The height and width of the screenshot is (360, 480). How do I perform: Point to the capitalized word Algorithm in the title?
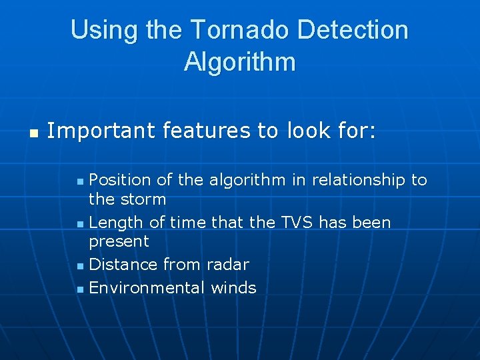239,62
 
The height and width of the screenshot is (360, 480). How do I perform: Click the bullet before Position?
80,181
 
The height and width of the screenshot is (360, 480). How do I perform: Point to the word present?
119,241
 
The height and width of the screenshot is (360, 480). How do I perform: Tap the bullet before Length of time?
80,223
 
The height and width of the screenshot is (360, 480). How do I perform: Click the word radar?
227,265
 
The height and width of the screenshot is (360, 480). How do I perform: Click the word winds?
233,288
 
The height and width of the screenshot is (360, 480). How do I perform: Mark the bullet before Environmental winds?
80,289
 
